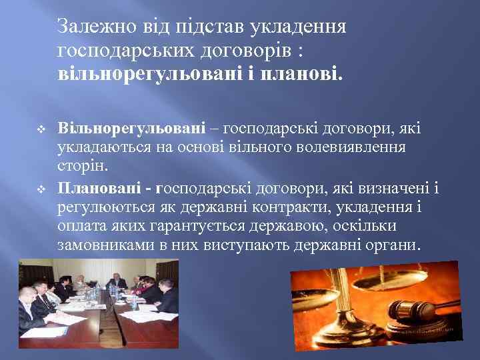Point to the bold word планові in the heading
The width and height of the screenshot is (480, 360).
[304, 72]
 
